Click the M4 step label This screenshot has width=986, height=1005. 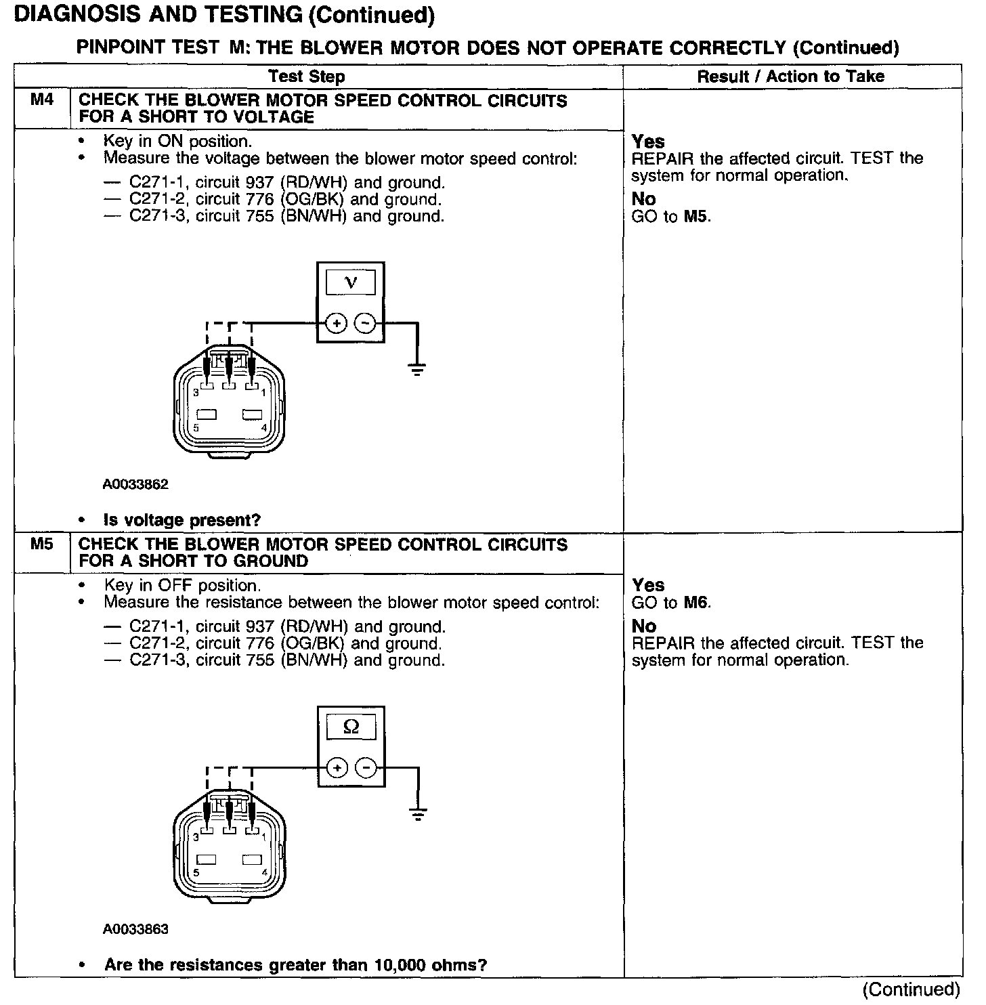41,100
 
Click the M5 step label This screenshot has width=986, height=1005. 41,544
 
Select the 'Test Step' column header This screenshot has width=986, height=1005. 306,77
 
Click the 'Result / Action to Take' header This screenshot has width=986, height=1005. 790,77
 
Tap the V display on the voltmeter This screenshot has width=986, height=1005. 351,282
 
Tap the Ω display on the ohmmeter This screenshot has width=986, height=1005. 351,727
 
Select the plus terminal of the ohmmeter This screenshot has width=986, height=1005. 337,768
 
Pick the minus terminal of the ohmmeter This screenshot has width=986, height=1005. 366,768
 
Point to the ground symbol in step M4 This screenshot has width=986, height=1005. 417,369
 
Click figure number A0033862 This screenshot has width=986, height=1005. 135,484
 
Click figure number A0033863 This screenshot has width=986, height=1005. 135,929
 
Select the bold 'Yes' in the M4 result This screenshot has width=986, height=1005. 648,142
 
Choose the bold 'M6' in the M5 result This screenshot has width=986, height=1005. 697,602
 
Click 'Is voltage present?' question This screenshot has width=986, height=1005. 182,520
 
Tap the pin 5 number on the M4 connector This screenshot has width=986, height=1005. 196,428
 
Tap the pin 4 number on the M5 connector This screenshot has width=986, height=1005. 264,872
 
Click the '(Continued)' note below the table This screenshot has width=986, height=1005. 912,989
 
